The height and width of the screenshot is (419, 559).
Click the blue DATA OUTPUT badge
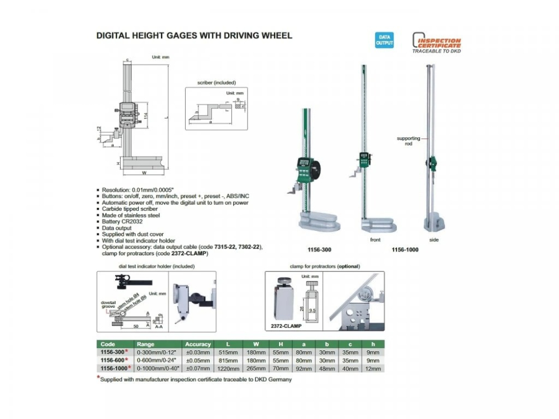click(383, 40)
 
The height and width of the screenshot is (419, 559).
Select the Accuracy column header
click(198, 344)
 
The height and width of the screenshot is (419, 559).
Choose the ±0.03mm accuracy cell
click(198, 353)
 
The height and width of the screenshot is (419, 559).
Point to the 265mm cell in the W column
click(256, 369)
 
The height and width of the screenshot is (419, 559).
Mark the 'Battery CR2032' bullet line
click(121, 222)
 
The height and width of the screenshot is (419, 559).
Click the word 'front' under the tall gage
click(375, 240)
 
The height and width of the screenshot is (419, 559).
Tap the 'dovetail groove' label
click(108, 305)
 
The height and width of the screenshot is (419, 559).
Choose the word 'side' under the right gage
click(434, 240)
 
